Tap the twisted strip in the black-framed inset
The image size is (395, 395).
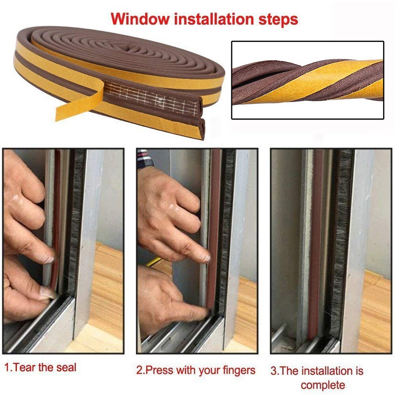point(307,80)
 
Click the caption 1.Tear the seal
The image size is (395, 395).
point(40,367)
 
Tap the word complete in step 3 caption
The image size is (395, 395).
point(323,385)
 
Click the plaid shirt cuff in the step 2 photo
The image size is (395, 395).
point(144,158)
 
